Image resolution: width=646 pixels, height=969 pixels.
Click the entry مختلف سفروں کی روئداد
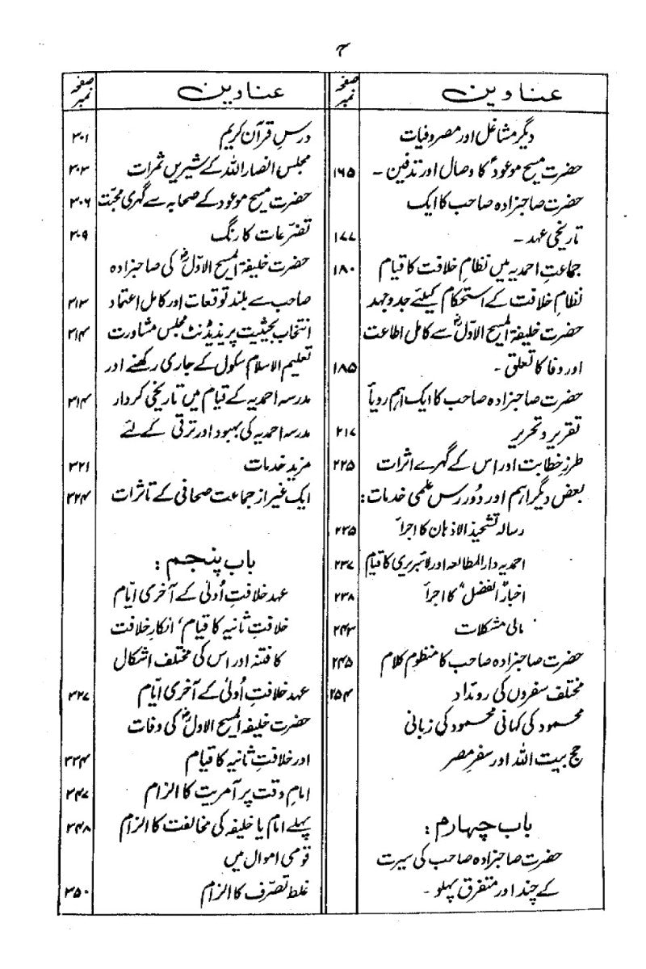[x=463, y=688]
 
